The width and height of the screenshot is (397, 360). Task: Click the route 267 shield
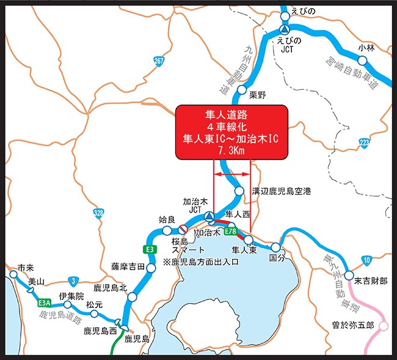pyautogui.click(x=159, y=61)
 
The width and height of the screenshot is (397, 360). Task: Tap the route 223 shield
pyautogui.click(x=365, y=143)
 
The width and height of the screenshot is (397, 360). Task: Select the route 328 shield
pyautogui.click(x=99, y=213)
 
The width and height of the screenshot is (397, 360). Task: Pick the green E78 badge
pyautogui.click(x=230, y=232)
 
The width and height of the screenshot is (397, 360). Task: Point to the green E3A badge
pyautogui.click(x=43, y=302)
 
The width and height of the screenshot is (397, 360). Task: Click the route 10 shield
pyautogui.click(x=366, y=262)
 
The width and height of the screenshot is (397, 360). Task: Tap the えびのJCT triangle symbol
pyautogui.click(x=284, y=29)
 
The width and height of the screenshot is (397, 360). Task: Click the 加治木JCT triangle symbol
pyautogui.click(x=208, y=216)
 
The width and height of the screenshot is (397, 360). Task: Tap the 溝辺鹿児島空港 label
pyautogui.click(x=282, y=191)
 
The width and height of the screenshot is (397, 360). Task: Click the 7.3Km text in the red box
pyautogui.click(x=230, y=150)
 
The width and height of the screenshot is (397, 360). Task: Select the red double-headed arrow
pyautogui.click(x=231, y=176)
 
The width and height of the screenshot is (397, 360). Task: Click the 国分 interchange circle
pyautogui.click(x=276, y=248)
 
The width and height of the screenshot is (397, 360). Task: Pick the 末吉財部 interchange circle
pyautogui.click(x=349, y=276)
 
